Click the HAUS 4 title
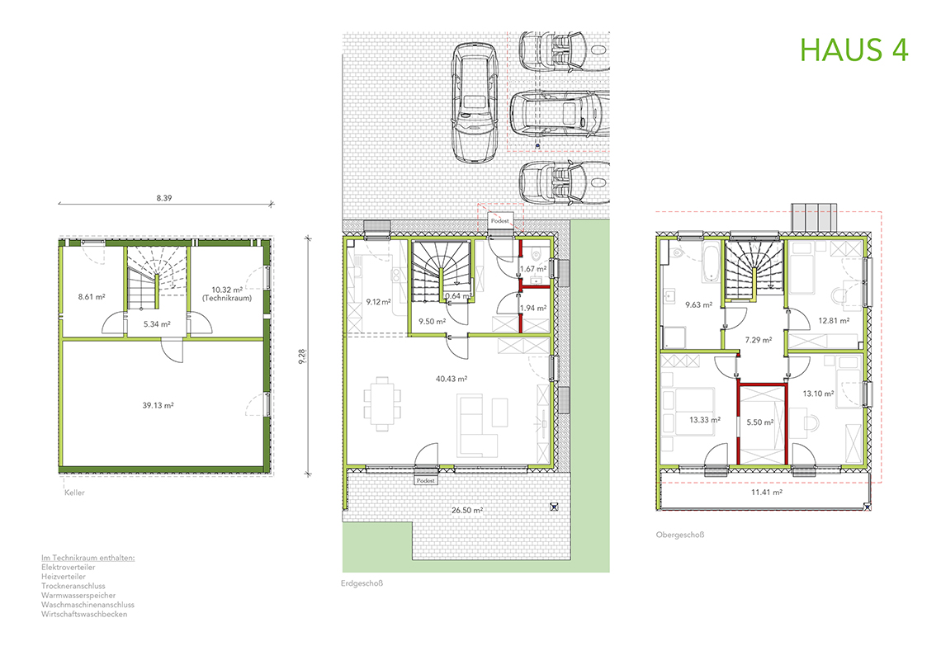(854, 50)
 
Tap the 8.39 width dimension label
(163, 198)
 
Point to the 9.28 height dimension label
(301, 356)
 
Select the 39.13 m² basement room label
(158, 405)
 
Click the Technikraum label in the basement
(227, 298)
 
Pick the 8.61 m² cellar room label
(92, 297)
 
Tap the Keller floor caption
(74, 493)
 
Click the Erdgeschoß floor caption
(362, 583)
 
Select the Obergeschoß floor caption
(680, 535)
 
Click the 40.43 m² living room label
(452, 379)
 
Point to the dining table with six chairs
(382, 403)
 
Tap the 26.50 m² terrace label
(467, 510)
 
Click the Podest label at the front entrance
(500, 220)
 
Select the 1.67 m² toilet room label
(533, 269)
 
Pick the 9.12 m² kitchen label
(379, 302)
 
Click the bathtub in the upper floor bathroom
(712, 262)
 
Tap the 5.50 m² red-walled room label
(759, 422)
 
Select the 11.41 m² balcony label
(766, 493)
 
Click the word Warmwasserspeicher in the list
(78, 596)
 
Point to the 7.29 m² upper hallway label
(759, 340)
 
